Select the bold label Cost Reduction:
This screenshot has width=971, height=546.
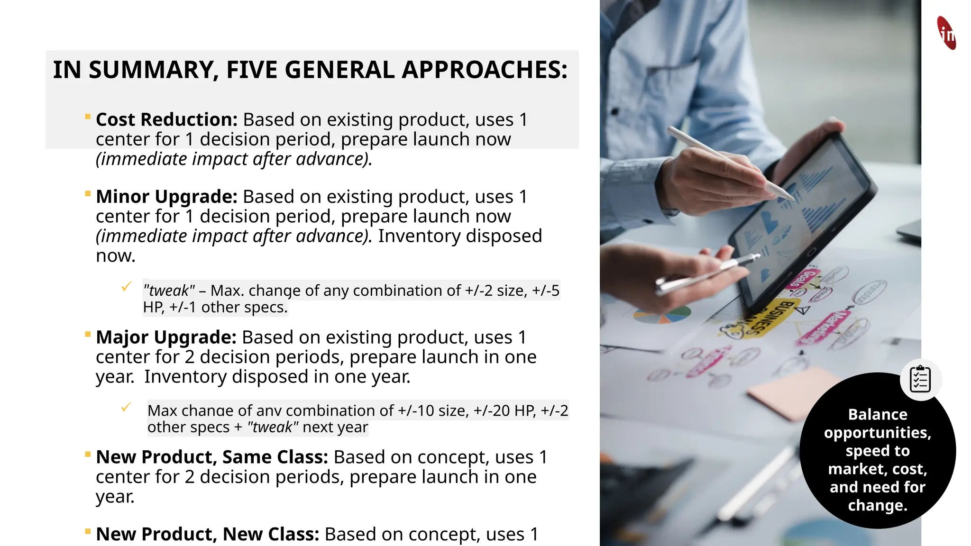click(x=166, y=120)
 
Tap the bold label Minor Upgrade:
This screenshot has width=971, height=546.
click(x=166, y=197)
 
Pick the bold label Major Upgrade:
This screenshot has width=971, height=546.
click(x=166, y=337)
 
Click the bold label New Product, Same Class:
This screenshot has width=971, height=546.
click(x=212, y=457)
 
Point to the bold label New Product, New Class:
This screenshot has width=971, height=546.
click(x=208, y=534)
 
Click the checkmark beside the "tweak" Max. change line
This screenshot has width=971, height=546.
click(x=126, y=287)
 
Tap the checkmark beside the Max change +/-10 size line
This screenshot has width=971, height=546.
click(x=126, y=407)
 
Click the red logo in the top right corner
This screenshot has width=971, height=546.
click(x=946, y=33)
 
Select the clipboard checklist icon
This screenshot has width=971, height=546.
click(x=920, y=379)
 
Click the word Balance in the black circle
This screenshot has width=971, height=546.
click(x=878, y=415)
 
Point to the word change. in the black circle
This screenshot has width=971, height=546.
click(x=878, y=505)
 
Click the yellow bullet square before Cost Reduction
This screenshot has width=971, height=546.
click(x=88, y=117)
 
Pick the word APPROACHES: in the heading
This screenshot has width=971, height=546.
click(x=485, y=70)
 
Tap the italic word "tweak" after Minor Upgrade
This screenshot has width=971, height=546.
click(x=169, y=291)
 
